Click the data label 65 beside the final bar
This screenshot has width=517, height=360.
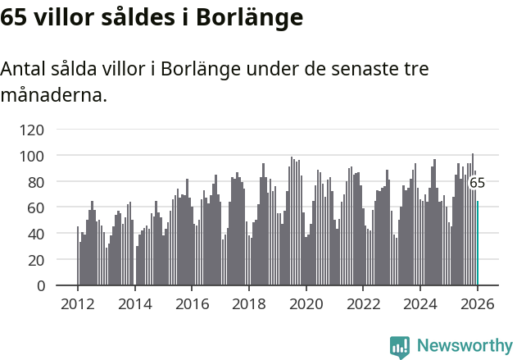(477, 183)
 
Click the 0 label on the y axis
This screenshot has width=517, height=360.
(39, 286)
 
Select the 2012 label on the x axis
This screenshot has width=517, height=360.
(78, 304)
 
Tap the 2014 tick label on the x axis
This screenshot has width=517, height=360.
(135, 304)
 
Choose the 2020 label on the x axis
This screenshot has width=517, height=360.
(306, 304)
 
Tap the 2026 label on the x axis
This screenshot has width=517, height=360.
(478, 304)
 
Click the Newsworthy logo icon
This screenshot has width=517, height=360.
(400, 347)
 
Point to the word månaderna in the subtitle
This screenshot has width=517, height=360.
(53, 96)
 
